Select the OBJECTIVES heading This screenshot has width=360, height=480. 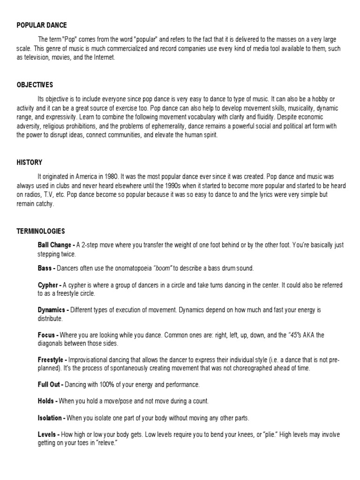coord(35,85)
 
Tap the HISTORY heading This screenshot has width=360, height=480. coord(30,162)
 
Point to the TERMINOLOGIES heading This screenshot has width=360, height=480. coord(41,231)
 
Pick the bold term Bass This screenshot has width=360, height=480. coord(45,268)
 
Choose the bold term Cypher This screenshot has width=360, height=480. coord(48,285)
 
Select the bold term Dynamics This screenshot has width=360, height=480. coord(52,310)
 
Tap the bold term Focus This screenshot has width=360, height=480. coord(46,335)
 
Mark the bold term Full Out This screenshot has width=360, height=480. coord(49,384)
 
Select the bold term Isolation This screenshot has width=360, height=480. coord(50,418)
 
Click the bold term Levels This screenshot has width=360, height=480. coord(47,435)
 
